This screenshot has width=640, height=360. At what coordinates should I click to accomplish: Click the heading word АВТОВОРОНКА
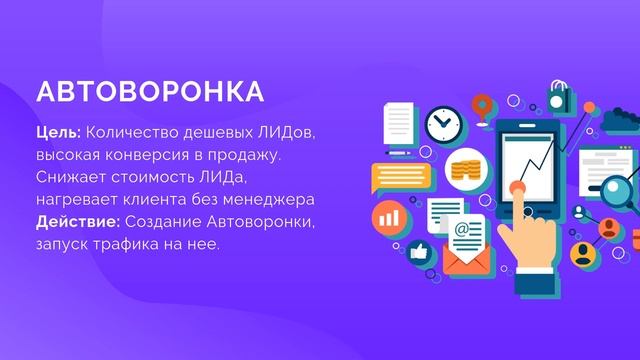click(150, 91)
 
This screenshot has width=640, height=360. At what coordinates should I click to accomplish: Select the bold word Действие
click(75, 221)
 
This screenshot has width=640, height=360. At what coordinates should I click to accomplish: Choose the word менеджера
click(270, 199)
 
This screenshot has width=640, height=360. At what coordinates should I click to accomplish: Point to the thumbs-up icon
click(416, 251)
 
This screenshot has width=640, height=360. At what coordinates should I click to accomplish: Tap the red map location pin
click(484, 102)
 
